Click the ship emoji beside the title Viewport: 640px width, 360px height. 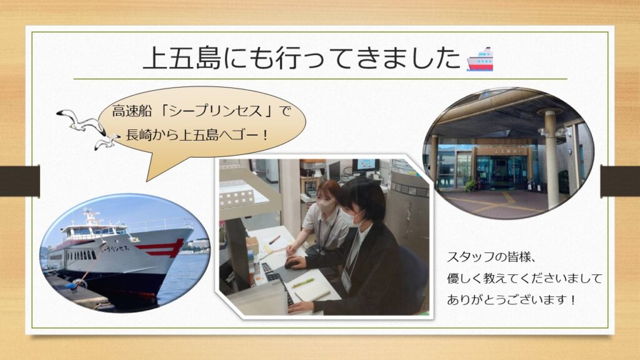tap(480, 59)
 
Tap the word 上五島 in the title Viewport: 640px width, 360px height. tap(182, 57)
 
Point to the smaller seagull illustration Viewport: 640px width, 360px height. tap(107, 142)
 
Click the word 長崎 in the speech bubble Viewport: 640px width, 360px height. tap(139, 134)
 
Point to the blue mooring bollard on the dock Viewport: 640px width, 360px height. tap(72, 285)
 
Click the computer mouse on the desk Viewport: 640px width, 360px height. tap(292, 264)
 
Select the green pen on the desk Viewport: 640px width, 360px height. tap(302, 283)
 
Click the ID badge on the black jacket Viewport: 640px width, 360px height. tap(346, 279)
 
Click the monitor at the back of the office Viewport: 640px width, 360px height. tap(366, 165)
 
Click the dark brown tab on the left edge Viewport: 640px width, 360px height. tap(20, 181)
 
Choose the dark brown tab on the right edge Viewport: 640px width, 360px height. tap(620, 181)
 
